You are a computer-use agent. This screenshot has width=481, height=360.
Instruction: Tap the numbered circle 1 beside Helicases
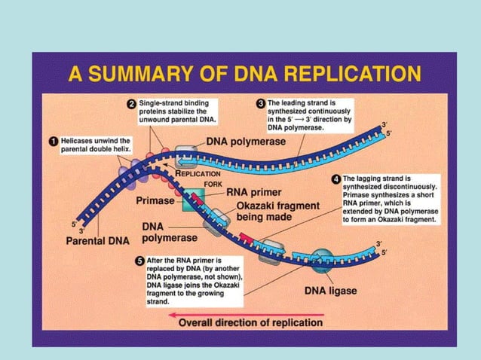(51, 141)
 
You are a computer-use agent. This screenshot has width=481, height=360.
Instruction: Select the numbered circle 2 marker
(131, 103)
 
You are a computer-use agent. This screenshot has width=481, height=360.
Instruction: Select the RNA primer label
(261, 192)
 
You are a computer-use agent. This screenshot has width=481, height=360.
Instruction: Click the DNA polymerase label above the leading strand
(252, 142)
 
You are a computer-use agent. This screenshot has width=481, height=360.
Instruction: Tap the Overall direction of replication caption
(250, 322)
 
